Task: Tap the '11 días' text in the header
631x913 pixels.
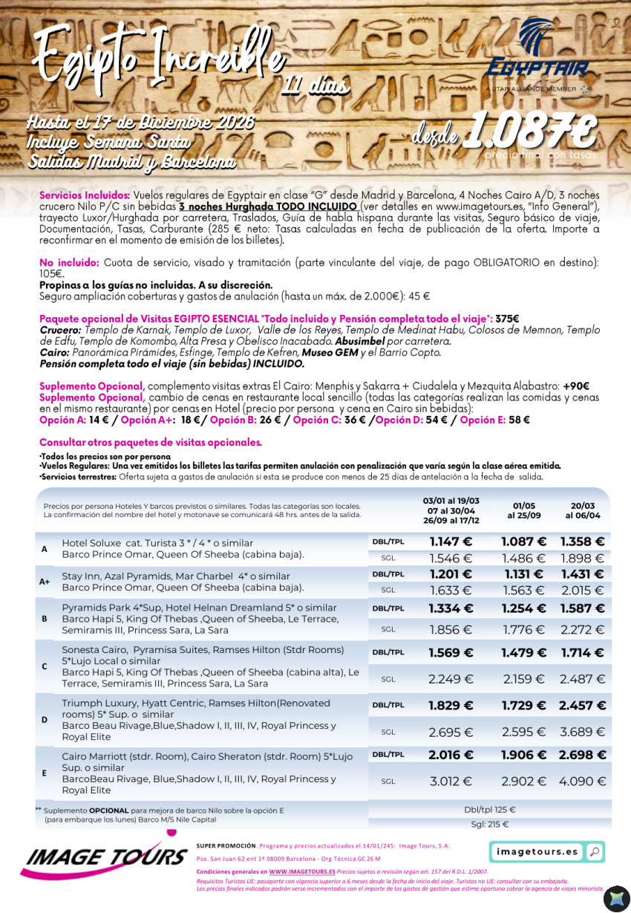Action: (315, 85)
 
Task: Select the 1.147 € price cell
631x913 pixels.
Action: (451, 542)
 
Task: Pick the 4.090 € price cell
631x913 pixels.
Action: (583, 782)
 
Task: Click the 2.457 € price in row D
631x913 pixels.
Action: (583, 706)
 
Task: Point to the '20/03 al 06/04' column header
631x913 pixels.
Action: (583, 511)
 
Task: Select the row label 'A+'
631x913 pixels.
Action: (45, 582)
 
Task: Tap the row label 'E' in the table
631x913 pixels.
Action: (45, 773)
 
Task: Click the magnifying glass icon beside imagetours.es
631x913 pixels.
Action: (594, 852)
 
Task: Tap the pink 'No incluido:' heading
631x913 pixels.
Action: (69, 263)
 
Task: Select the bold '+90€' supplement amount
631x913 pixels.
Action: (575, 386)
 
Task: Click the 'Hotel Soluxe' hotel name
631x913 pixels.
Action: (91, 543)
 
